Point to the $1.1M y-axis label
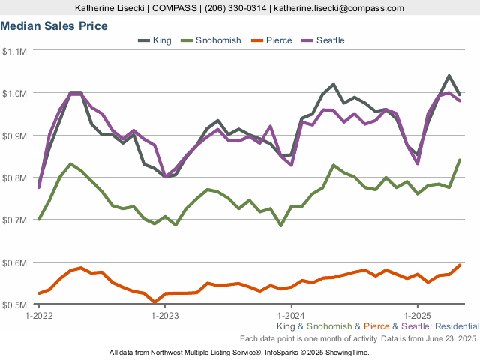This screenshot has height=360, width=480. (14, 51)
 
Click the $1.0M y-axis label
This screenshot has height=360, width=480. (14, 93)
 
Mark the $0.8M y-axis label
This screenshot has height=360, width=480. (14, 178)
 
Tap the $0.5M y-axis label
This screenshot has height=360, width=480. (14, 305)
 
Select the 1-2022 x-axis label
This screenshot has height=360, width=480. (38, 316)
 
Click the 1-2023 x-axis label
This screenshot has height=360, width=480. (164, 316)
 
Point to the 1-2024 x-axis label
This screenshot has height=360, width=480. (290, 316)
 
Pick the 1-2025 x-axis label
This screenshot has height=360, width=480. (417, 316)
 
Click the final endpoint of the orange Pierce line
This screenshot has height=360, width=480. (460, 265)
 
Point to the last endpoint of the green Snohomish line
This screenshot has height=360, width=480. (460, 160)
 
